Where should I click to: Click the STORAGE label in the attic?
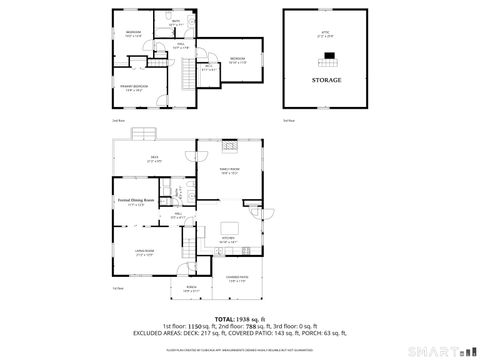[x=326, y=79]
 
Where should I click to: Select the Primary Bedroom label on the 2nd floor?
[x=134, y=87]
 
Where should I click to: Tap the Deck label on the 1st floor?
[x=153, y=157]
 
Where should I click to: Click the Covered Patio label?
[x=237, y=279]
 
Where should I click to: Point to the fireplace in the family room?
[x=230, y=145]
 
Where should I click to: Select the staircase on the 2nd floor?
[x=186, y=73]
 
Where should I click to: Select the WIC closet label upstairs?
[x=208, y=68]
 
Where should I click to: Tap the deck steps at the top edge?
[x=146, y=133]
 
